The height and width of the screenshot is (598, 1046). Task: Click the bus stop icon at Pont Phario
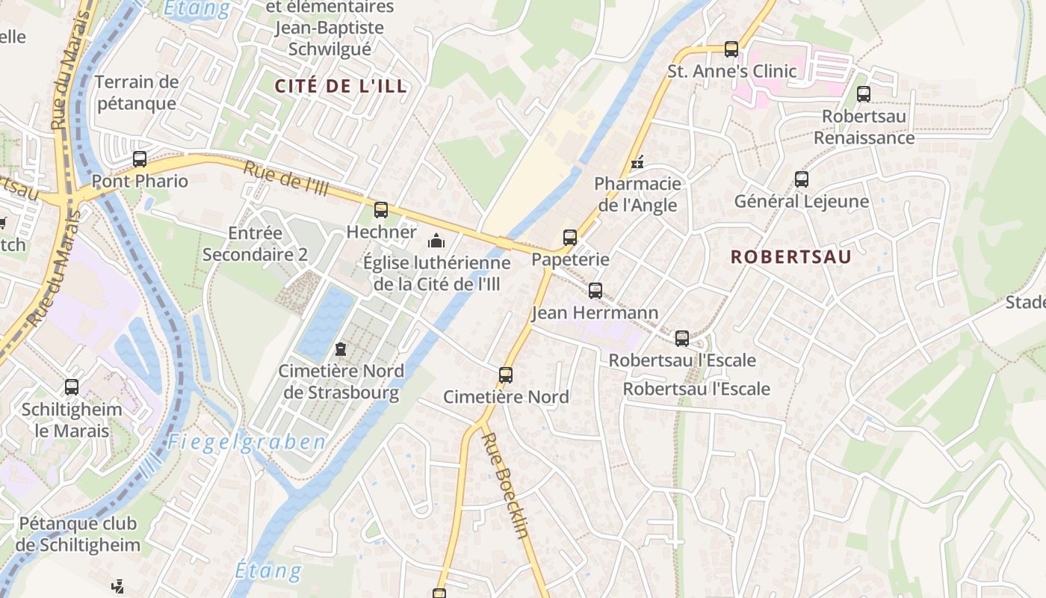[x=140, y=158]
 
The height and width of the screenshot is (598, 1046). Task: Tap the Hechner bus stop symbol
[x=381, y=210]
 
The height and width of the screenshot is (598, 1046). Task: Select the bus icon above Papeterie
[x=570, y=238]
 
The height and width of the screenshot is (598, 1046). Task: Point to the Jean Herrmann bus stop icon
[x=595, y=291]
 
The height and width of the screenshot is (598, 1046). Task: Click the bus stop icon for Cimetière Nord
[x=506, y=374]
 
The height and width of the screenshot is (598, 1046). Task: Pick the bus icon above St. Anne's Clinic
[x=731, y=49]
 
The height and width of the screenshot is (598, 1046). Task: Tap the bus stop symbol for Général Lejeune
[x=802, y=179]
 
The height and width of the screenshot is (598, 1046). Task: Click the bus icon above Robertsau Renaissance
[x=864, y=94]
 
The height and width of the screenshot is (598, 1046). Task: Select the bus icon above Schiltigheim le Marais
[x=72, y=387]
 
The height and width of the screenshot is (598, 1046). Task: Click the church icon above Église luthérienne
[x=436, y=241]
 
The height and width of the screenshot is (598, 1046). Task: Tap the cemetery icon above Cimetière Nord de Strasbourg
[x=341, y=349]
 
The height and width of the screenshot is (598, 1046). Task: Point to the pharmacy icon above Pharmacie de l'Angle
[x=637, y=161]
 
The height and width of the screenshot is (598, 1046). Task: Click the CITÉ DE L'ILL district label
[x=341, y=86]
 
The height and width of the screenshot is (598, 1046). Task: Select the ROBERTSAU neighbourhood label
[x=790, y=257]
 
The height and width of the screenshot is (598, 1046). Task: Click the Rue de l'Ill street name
[x=286, y=179]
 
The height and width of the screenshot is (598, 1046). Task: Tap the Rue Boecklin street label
[x=507, y=485]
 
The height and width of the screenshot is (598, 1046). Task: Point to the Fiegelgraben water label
[x=247, y=442]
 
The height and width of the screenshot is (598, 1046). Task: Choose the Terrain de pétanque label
[x=137, y=92]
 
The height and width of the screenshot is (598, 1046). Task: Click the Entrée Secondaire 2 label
[x=255, y=244]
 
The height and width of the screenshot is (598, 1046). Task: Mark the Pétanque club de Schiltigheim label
[x=79, y=534]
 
